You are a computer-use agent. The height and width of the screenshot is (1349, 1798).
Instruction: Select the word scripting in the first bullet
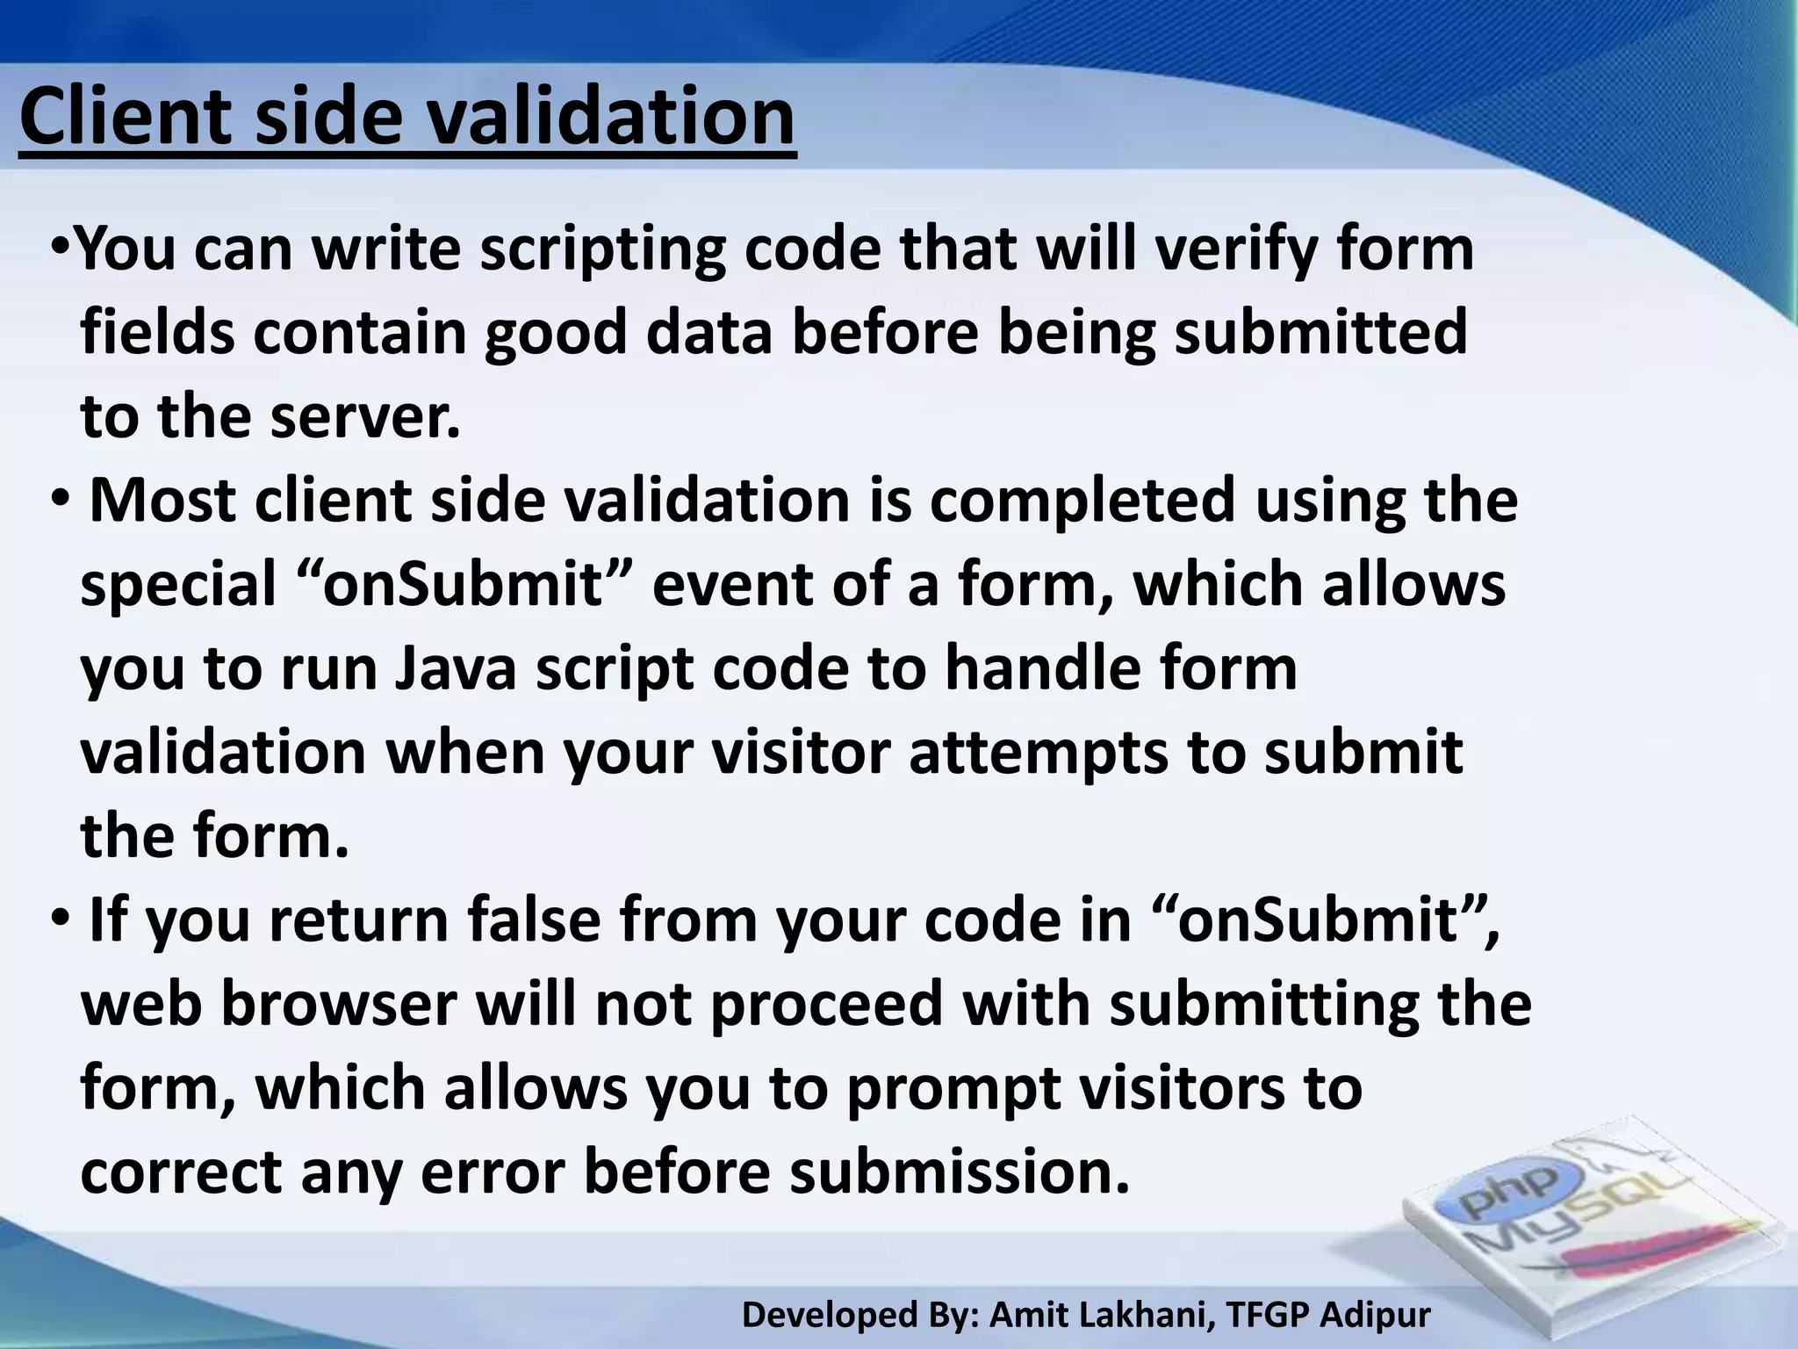pos(603,250)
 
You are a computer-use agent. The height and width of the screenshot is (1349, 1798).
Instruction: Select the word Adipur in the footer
pos(1376,1314)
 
